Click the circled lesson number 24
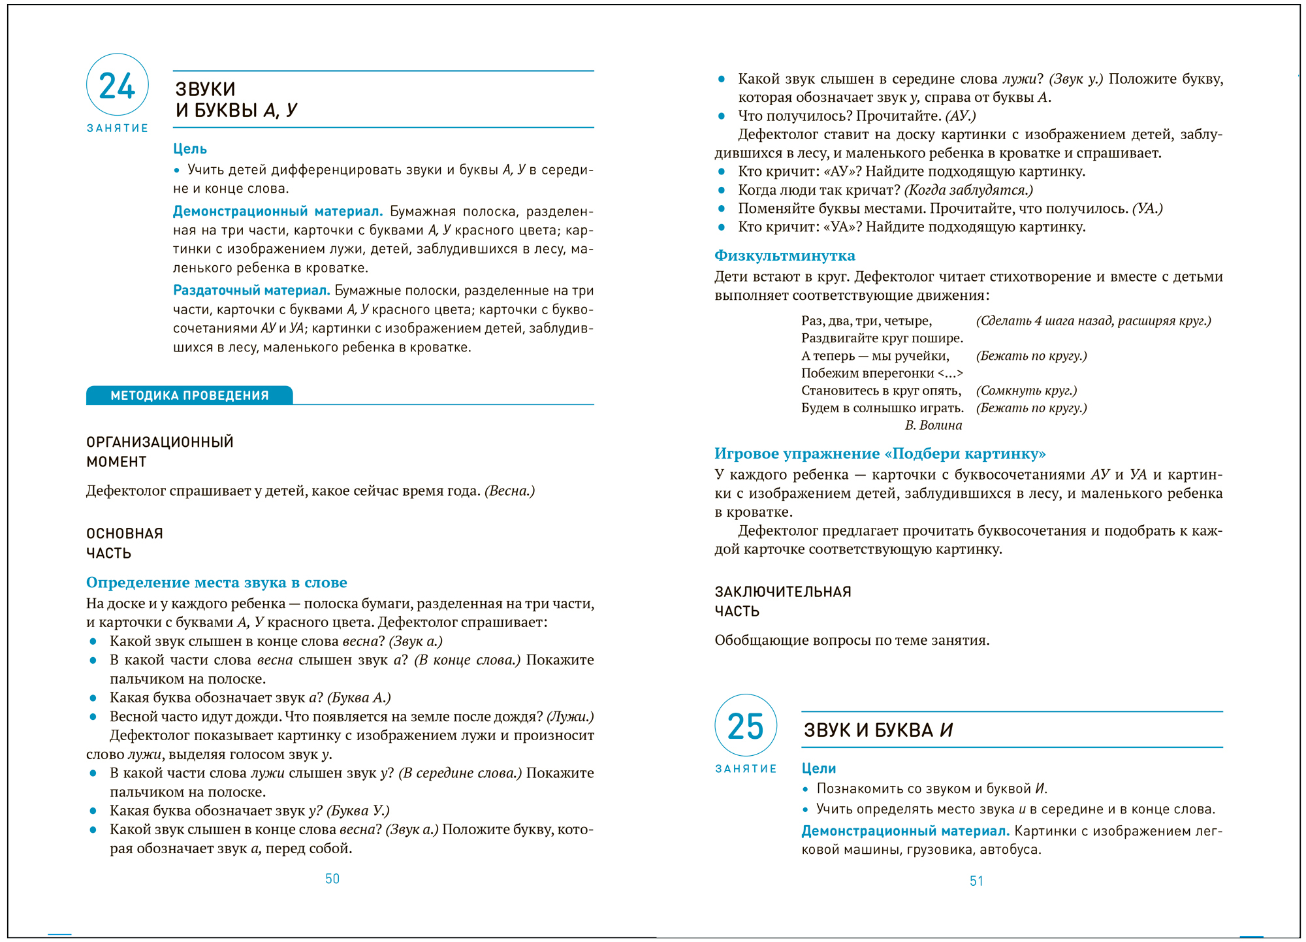coord(118,86)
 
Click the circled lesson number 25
coord(746,726)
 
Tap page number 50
coord(332,879)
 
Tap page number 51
coord(976,881)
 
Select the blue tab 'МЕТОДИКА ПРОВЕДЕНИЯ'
coord(189,395)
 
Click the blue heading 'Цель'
coord(190,149)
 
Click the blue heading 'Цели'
coord(819,768)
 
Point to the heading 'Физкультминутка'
coord(784,255)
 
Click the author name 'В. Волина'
coord(933,425)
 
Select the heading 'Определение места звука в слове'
coord(216,582)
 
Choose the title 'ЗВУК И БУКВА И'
coord(878,730)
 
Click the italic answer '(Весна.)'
coord(509,491)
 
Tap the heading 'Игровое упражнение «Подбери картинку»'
coord(880,453)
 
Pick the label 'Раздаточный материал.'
coord(251,290)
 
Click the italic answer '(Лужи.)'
coord(570,717)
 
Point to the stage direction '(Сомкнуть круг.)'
coord(1026,391)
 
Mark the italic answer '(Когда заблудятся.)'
coord(968,190)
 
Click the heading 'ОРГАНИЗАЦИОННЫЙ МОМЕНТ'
coord(159,451)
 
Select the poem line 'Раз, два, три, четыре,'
coord(866,321)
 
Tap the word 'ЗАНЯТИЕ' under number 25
coord(746,769)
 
